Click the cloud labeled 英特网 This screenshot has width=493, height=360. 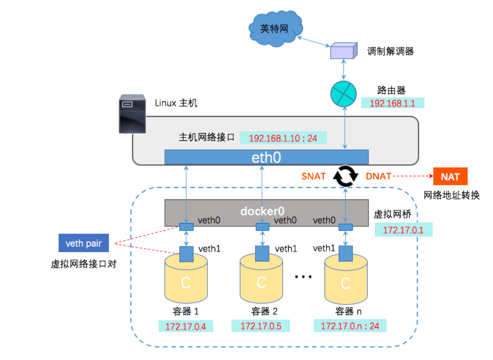274,29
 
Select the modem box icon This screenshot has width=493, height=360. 342,51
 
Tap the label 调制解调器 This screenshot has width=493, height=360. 390,51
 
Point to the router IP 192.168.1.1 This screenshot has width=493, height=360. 392,103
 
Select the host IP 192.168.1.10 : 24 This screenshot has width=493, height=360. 283,138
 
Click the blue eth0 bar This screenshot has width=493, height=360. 266,157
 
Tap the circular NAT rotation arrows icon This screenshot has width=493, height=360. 346,176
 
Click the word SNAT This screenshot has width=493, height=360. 314,176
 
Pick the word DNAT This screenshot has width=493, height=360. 378,176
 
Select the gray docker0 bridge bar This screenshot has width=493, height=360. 266,211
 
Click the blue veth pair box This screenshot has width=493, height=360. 83,243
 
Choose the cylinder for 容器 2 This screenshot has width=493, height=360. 260,280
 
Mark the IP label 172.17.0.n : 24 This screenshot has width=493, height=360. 349,326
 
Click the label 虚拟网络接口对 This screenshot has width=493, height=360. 83,264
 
